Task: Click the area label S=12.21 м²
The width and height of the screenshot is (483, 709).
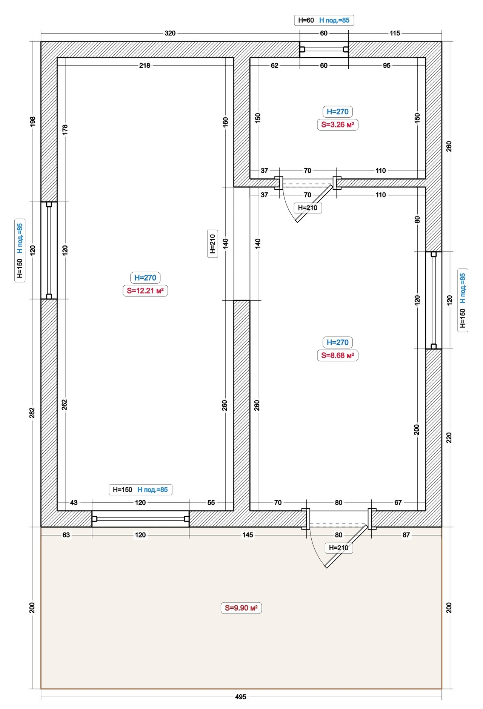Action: click(145, 291)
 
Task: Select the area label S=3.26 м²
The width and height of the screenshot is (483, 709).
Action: click(337, 125)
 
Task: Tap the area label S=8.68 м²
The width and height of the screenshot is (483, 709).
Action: click(337, 355)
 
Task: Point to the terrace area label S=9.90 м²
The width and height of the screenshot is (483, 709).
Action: click(241, 608)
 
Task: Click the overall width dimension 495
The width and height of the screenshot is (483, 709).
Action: click(240, 697)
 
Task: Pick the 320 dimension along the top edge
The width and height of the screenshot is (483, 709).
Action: click(170, 33)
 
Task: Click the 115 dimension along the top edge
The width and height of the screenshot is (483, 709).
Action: click(395, 33)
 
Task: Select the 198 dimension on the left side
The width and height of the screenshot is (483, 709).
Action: click(32, 121)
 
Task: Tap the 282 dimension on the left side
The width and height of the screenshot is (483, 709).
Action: click(32, 413)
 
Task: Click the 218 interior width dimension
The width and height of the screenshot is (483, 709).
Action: click(145, 66)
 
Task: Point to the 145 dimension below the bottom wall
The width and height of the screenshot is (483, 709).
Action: click(248, 535)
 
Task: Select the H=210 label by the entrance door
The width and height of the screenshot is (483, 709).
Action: click(339, 548)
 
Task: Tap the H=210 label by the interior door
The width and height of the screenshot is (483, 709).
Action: click(308, 208)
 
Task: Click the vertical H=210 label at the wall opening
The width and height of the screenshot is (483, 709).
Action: click(212, 244)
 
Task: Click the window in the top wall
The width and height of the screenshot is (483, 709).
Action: click(324, 49)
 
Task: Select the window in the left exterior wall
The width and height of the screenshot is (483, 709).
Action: click(49, 250)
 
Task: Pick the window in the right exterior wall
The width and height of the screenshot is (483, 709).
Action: click(434, 300)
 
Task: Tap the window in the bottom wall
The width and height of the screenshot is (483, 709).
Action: click(140, 519)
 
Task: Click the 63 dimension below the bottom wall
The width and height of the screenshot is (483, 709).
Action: click(66, 535)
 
